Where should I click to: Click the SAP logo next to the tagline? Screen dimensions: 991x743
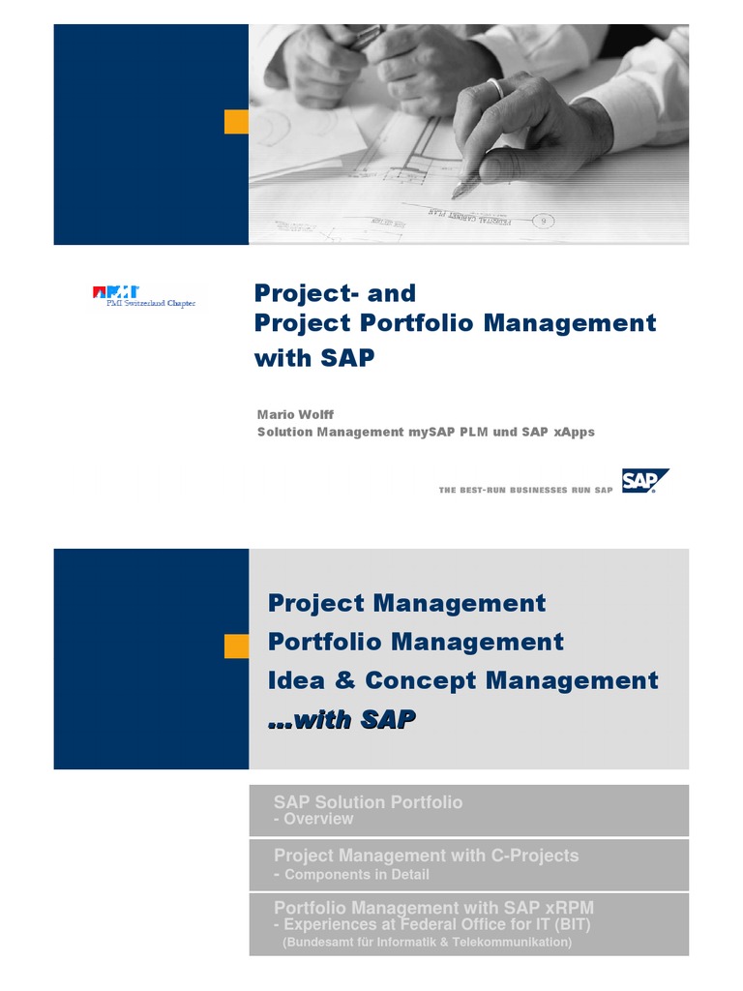(644, 481)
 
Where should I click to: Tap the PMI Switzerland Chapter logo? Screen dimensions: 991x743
(144, 297)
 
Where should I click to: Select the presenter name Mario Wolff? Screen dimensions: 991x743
(294, 414)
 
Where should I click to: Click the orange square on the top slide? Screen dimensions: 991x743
(236, 122)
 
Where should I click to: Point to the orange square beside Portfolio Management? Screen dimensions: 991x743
(236, 646)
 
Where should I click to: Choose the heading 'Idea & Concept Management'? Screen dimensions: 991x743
(462, 680)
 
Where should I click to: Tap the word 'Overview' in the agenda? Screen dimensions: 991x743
(318, 819)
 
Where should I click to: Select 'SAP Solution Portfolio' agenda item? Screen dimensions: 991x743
(368, 801)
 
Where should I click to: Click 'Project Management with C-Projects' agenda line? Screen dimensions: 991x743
(426, 856)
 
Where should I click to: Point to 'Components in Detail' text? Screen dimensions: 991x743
(356, 875)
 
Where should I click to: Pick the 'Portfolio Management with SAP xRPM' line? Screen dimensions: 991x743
(433, 908)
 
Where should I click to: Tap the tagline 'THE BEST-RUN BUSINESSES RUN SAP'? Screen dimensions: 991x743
(525, 491)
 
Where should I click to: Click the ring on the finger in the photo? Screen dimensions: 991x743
(495, 87)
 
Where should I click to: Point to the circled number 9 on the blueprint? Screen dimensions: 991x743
(544, 222)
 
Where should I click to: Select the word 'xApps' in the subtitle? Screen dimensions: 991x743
(573, 432)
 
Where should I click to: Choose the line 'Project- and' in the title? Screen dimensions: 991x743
(335, 292)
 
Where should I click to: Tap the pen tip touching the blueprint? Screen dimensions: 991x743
(454, 194)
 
